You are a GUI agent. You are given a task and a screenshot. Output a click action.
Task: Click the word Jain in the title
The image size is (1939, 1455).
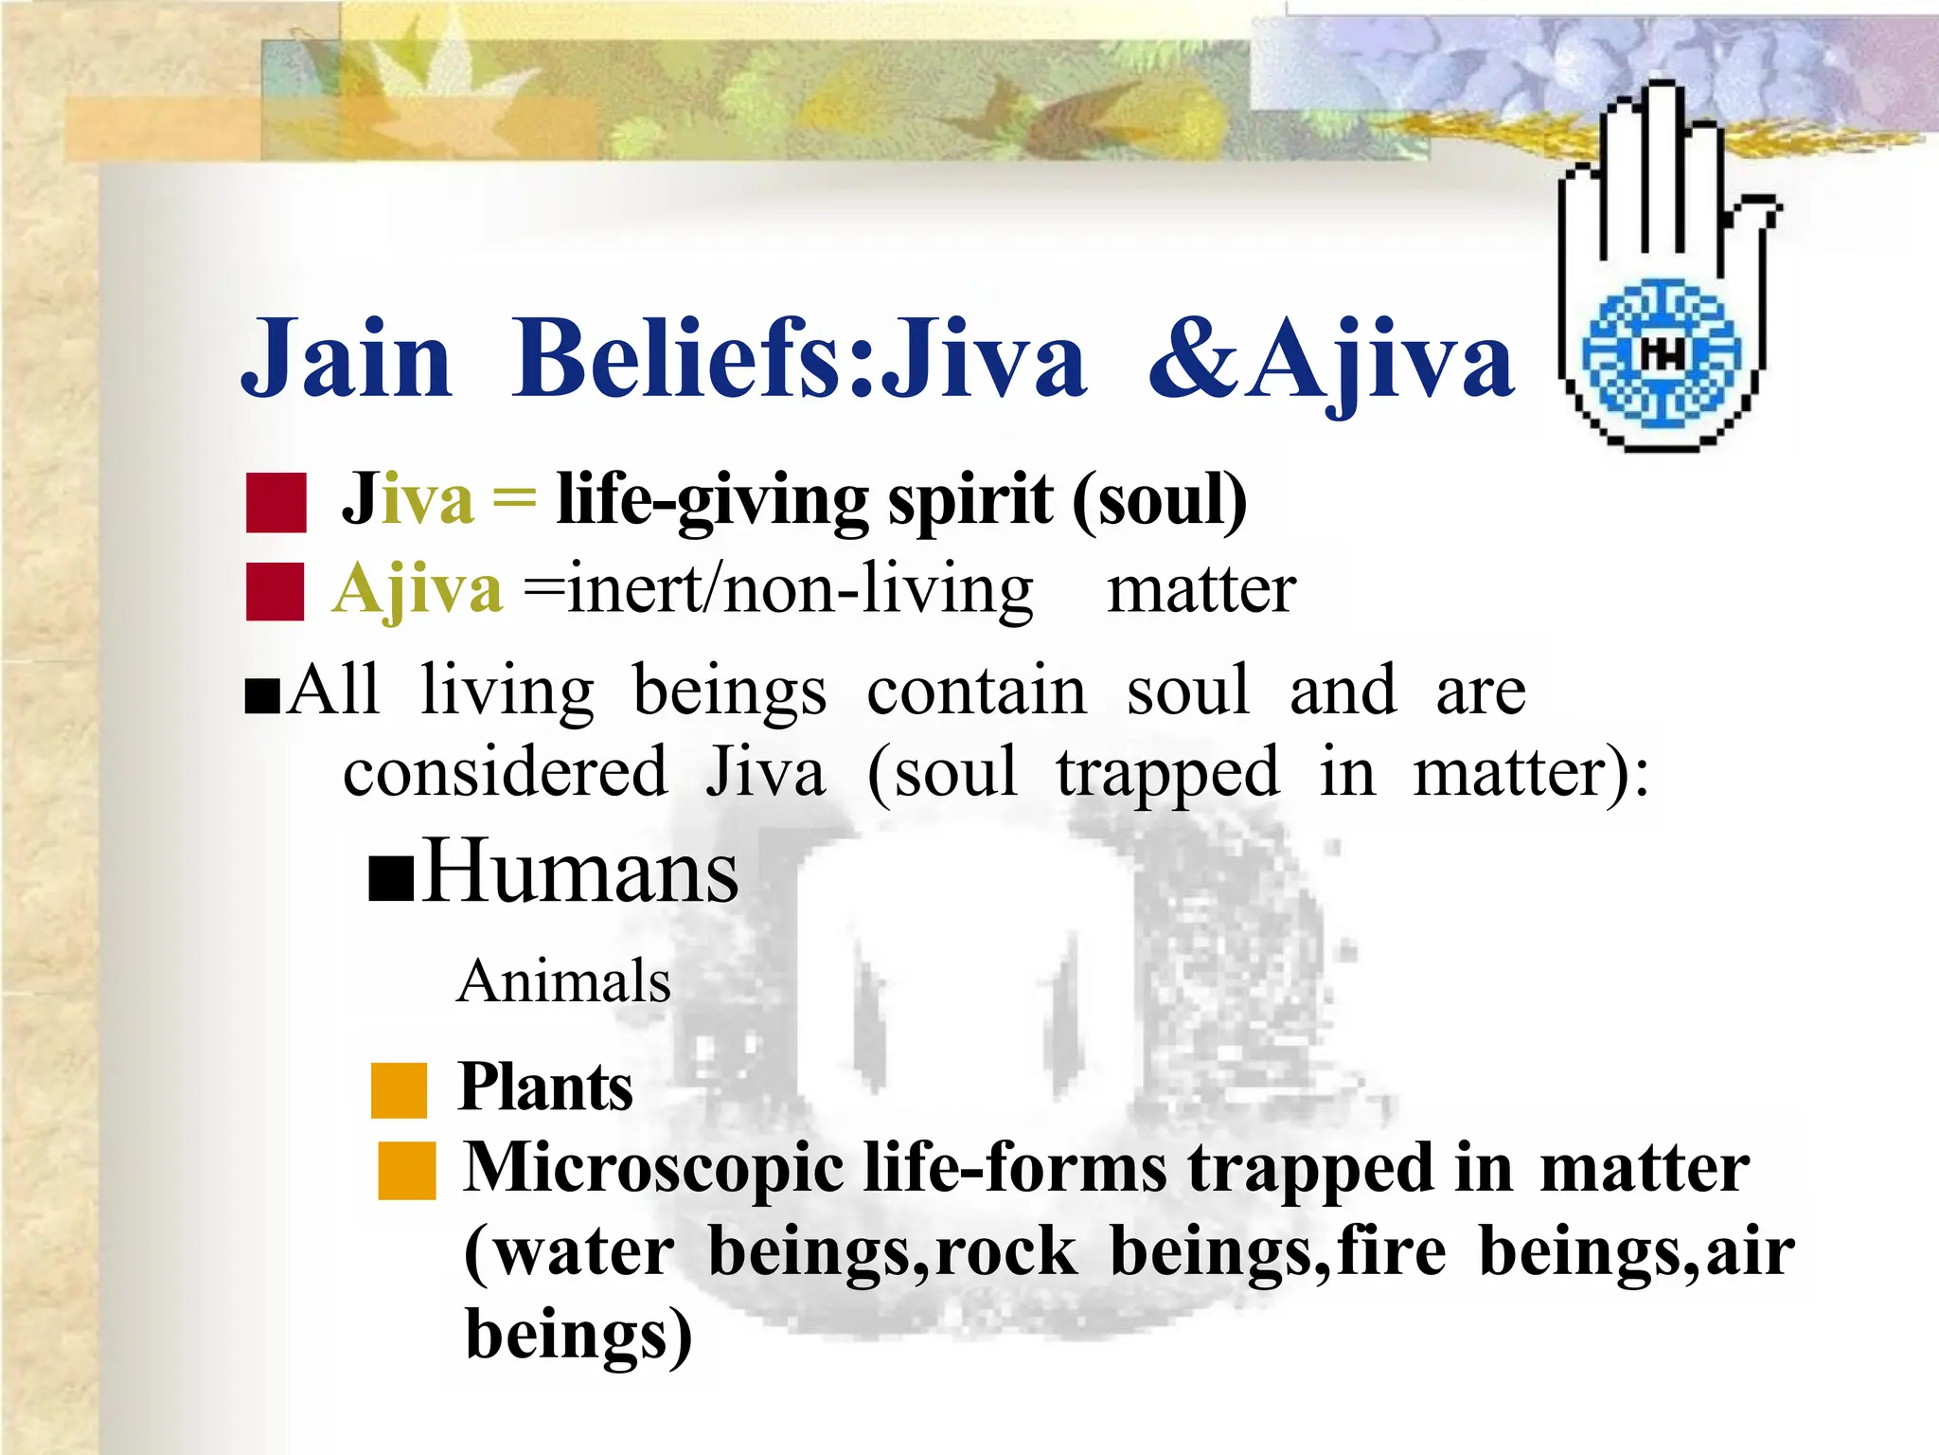347,360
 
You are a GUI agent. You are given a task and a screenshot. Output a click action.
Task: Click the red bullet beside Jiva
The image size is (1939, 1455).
276,503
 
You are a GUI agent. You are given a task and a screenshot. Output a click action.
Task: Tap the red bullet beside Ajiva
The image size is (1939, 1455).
275,591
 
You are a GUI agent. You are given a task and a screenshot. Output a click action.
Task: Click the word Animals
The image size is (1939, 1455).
563,980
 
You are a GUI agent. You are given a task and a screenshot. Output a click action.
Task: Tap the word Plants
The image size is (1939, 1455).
545,1087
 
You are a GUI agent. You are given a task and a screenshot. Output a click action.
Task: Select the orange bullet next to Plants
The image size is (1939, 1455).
399,1089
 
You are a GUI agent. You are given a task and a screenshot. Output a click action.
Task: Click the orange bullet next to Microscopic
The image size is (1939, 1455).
406,1171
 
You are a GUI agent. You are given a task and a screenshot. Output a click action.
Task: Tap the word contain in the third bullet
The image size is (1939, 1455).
976,692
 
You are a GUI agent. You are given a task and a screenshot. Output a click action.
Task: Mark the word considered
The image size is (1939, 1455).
506,773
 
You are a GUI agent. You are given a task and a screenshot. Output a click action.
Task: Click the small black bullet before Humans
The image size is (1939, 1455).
390,880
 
